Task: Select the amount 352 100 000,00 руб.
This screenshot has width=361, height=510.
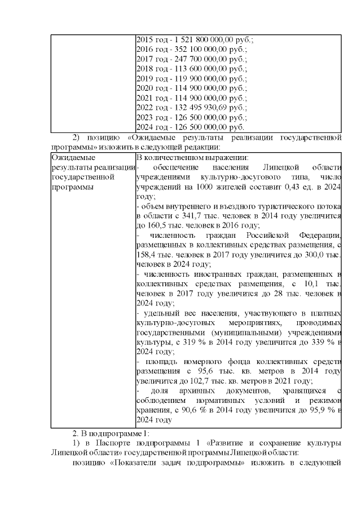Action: click(x=192, y=50)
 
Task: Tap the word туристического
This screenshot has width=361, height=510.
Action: click(x=254, y=206)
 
